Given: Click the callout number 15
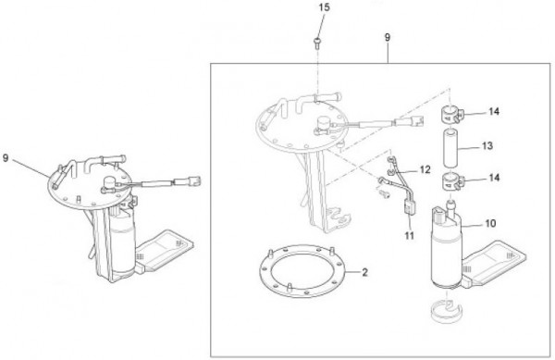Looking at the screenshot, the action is click(x=324, y=7).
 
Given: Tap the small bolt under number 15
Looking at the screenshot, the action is click(x=317, y=43).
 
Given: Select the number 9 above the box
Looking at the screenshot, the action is click(x=388, y=37).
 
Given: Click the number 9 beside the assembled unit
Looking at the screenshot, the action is click(x=6, y=158).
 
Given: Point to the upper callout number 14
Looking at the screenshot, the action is click(x=494, y=111).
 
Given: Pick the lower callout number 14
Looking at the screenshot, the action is click(x=494, y=178).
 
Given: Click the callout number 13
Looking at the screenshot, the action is click(x=487, y=145).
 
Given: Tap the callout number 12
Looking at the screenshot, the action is click(x=425, y=169).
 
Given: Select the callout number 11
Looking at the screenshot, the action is click(x=409, y=235).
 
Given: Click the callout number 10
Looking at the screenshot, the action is click(x=490, y=223).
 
